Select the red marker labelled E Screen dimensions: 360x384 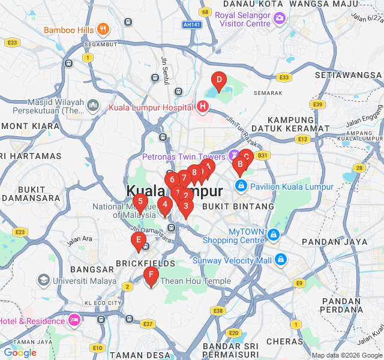click(139, 242)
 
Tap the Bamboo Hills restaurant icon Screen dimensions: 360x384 click(103, 29)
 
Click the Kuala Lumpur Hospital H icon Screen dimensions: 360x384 click(203, 107)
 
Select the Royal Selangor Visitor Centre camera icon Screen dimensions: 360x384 click(279, 19)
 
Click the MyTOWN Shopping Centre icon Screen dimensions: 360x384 click(274, 234)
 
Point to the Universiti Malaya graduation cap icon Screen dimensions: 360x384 click(43, 280)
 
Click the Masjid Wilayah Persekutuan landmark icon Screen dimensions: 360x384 click(92, 106)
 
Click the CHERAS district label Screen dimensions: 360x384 click(284, 341)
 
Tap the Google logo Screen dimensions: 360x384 click(20, 353)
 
